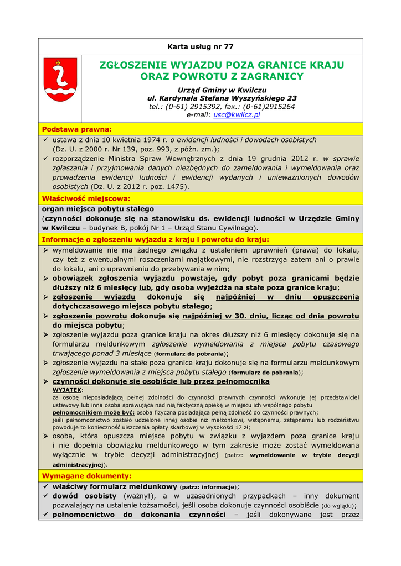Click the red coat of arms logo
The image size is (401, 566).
[60, 81]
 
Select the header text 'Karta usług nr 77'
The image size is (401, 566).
[200, 46]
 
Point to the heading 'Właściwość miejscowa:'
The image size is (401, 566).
[86, 198]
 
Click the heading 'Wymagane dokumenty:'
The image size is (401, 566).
[87, 475]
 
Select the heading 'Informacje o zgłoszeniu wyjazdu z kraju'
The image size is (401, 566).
[155, 239]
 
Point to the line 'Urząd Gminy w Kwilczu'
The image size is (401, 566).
[222, 90]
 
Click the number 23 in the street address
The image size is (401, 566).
[291, 98]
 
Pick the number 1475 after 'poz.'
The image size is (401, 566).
[176, 187]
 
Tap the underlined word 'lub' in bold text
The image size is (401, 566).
[145, 288]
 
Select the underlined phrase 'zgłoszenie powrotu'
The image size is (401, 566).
[90, 316]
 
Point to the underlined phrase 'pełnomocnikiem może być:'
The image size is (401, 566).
[93, 412]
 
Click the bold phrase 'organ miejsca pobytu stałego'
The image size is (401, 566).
[98, 209]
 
